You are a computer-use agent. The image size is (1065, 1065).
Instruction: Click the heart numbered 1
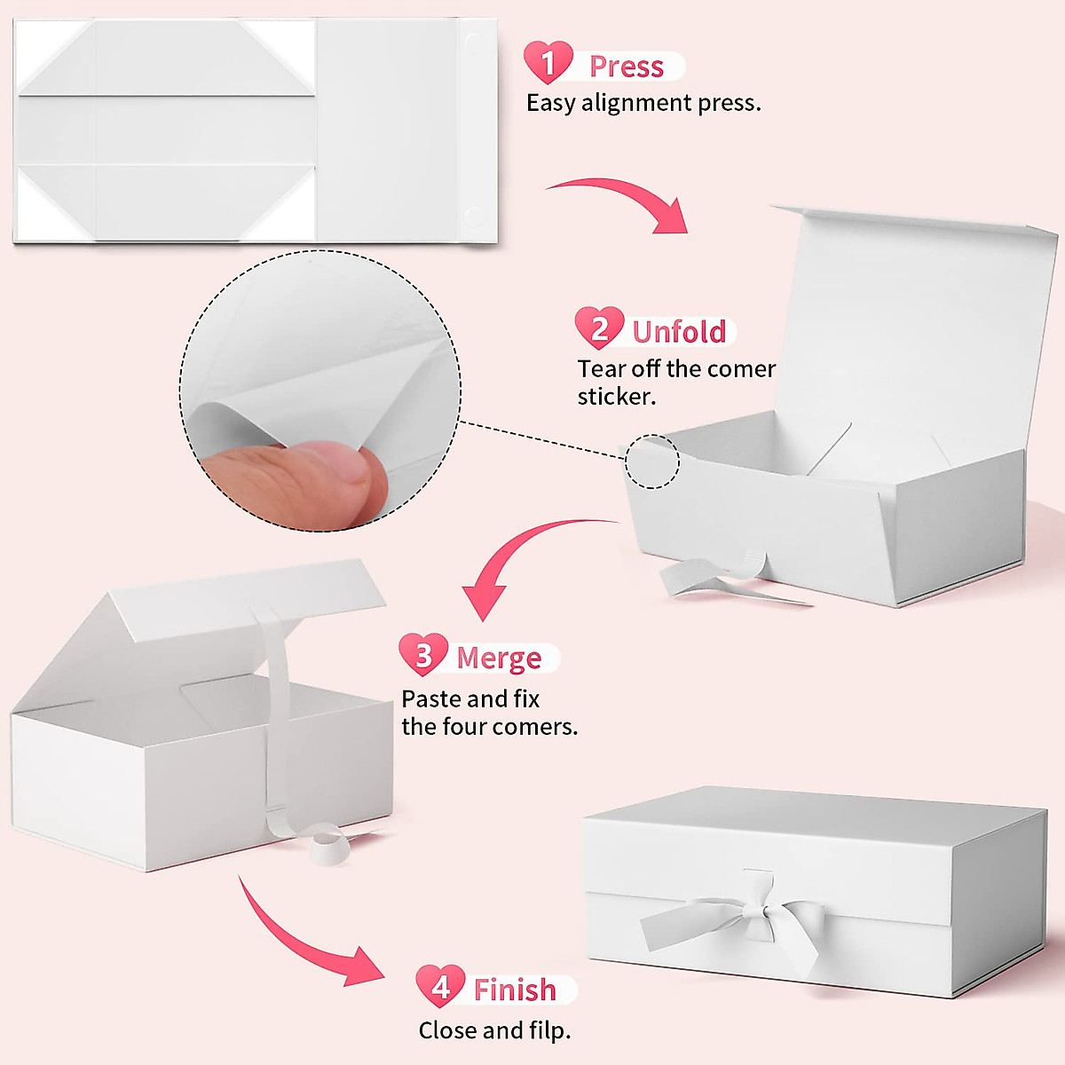point(548,62)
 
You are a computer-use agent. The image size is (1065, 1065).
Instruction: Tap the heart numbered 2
point(599,328)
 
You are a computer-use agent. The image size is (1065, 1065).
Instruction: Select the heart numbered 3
point(423,655)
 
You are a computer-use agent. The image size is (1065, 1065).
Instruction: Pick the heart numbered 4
point(440,986)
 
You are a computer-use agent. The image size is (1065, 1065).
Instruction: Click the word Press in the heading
point(627,67)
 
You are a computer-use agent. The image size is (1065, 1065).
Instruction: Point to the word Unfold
point(679,332)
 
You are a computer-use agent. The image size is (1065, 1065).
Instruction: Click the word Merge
point(499,658)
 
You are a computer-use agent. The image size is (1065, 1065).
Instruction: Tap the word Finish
point(515,990)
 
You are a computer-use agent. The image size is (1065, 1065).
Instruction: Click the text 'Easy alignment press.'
point(643,103)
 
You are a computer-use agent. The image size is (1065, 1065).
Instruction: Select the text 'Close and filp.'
point(494,1030)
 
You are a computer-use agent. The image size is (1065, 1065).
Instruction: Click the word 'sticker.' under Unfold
point(617,397)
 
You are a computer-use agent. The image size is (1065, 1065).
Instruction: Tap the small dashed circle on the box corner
point(652,461)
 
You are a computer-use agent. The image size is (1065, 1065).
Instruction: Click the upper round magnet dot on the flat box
point(471,42)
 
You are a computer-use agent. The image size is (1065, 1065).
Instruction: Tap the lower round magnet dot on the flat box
point(471,216)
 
